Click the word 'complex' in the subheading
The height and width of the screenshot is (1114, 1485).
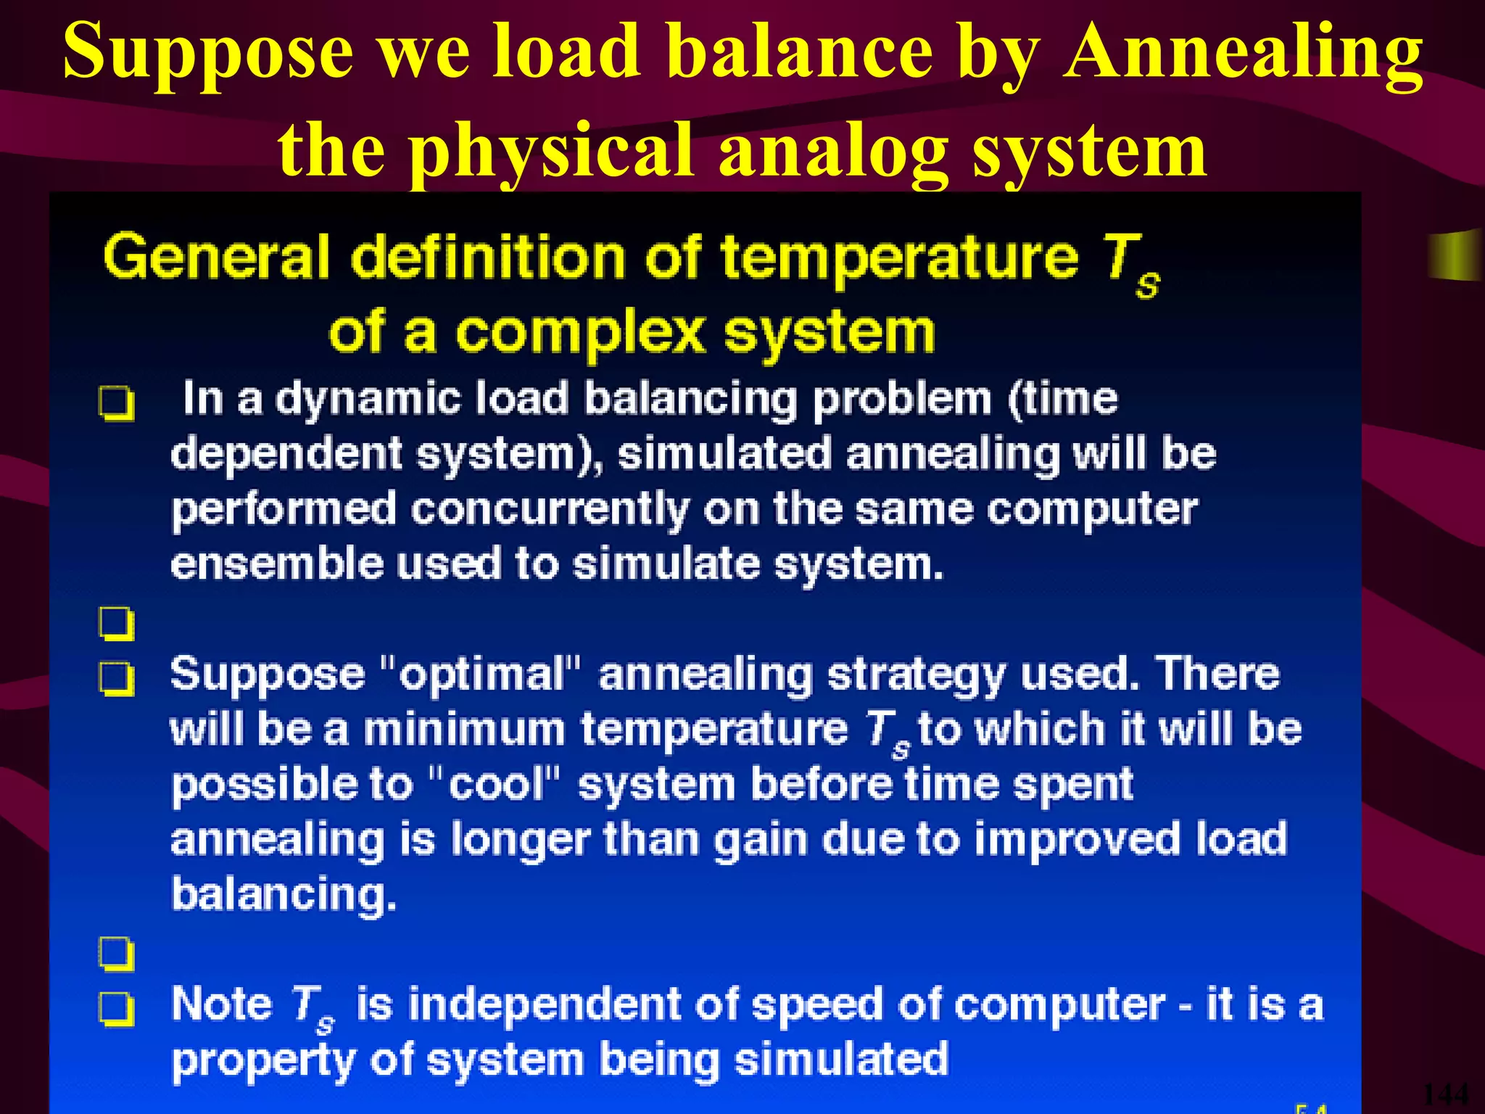(580, 334)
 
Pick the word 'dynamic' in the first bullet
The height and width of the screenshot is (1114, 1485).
(368, 400)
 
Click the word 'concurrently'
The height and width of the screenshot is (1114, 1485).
(550, 511)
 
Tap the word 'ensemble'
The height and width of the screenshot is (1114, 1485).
(276, 565)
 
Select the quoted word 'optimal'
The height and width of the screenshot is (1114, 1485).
(481, 675)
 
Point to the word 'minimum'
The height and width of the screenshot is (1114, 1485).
(464, 729)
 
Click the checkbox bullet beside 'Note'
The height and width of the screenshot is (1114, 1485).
(117, 1009)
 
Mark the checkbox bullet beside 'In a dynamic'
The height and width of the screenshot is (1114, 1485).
(117, 403)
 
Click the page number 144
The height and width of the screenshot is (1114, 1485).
(1445, 1094)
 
